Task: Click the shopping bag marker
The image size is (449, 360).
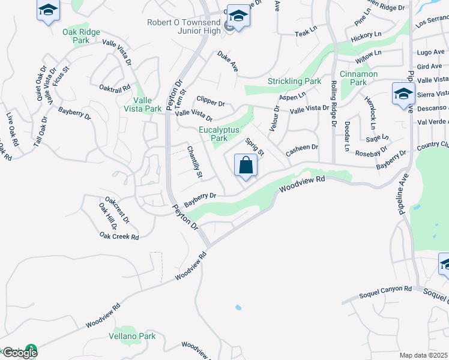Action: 246,165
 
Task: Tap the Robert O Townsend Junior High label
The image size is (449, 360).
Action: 184,27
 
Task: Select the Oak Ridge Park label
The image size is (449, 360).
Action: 76,36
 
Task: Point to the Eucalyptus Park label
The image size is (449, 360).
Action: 219,133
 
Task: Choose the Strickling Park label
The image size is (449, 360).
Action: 295,80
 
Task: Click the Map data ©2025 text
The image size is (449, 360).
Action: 423,355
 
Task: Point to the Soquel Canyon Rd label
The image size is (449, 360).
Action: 385,289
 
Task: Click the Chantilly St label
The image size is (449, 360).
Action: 194,162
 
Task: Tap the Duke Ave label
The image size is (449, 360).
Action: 228,61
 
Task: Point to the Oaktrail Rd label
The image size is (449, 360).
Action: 115,88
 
